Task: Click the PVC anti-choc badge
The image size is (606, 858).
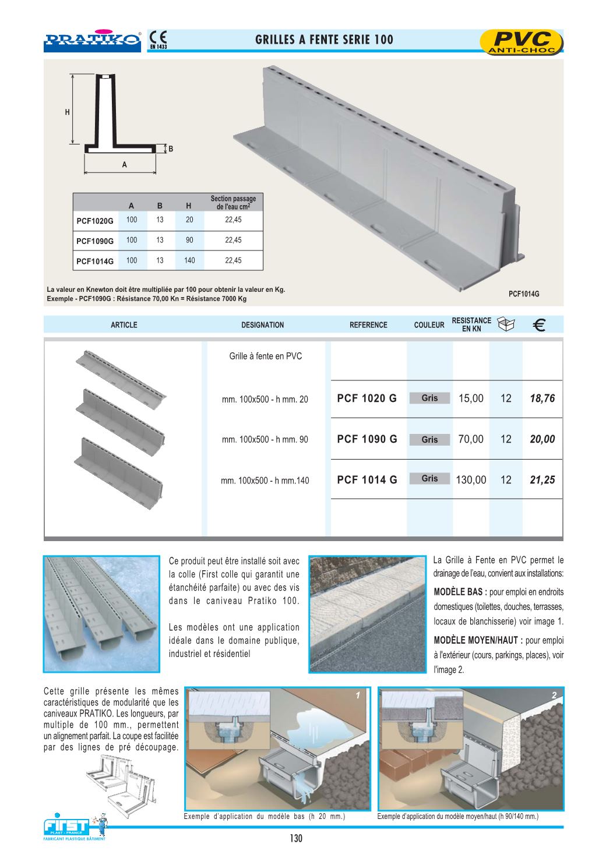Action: pos(521,42)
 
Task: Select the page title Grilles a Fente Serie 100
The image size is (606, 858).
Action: pos(324,40)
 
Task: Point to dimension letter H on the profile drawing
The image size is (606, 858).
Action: pos(68,112)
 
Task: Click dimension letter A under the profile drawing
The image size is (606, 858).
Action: pos(124,165)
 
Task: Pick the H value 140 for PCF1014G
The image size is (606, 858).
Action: pos(189,260)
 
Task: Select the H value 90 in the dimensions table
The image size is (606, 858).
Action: pos(189,240)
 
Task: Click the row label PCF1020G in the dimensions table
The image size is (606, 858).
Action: pos(95,221)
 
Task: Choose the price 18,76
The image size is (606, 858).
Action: pos(542,398)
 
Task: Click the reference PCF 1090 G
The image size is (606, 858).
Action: pos(367,439)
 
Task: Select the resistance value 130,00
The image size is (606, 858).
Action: pos(471,480)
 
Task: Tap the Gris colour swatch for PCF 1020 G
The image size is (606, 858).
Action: pos(429,398)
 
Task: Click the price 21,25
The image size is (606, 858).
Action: pos(542,480)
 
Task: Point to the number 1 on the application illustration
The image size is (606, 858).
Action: pos(358,695)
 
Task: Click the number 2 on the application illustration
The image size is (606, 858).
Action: pos(554,695)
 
